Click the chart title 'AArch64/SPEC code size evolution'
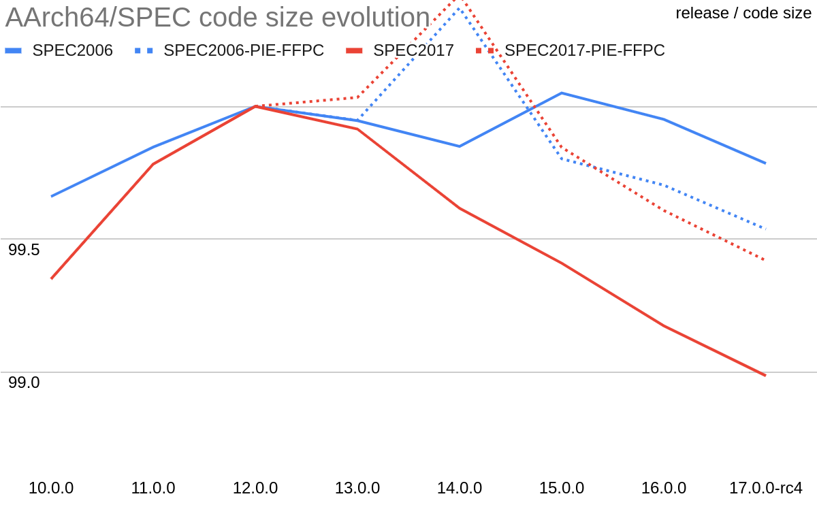217,18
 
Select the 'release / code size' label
743,13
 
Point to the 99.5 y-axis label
24,250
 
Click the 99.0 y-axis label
24,382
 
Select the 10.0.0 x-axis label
51,488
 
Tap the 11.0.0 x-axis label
153,488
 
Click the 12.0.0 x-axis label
255,488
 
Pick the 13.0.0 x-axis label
357,488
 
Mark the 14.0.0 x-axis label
460,488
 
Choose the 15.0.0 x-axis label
562,488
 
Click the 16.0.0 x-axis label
664,488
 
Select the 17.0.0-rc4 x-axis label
766,488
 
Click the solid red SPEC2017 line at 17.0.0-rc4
765,375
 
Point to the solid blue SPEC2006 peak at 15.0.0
562,93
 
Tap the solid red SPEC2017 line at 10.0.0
52,278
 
